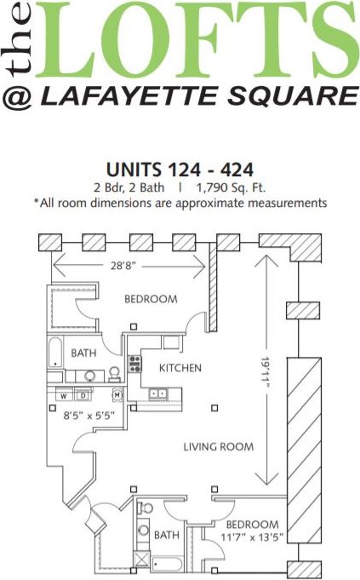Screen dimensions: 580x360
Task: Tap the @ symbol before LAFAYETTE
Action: click(17, 96)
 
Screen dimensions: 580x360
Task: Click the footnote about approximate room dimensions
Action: click(180, 203)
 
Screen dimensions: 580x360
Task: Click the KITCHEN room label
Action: click(180, 368)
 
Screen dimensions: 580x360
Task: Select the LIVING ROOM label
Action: click(219, 446)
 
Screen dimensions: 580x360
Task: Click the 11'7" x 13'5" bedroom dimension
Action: click(252, 537)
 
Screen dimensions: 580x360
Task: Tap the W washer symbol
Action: click(63, 396)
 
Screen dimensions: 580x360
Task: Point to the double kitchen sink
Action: click(157, 393)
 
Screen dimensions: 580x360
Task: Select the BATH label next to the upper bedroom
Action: click(83, 353)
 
